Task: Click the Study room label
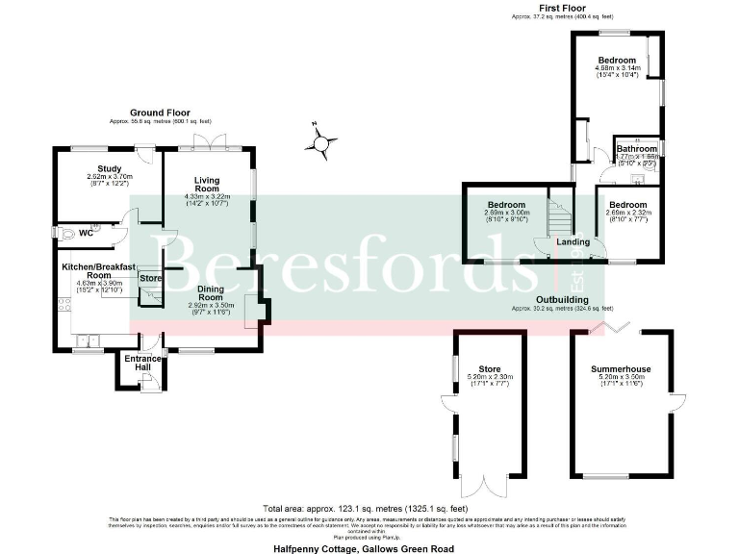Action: pyautogui.click(x=108, y=171)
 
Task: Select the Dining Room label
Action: pyautogui.click(x=210, y=292)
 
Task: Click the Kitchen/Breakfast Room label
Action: pyautogui.click(x=98, y=268)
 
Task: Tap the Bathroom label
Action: pyautogui.click(x=636, y=149)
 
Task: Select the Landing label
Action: pyautogui.click(x=573, y=241)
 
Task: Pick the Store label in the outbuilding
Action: pyautogui.click(x=490, y=368)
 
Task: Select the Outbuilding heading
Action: pyautogui.click(x=563, y=300)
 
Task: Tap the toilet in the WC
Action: pyautogui.click(x=68, y=232)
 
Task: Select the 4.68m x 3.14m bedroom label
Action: pyautogui.click(x=619, y=61)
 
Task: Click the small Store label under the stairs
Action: pyautogui.click(x=151, y=278)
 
